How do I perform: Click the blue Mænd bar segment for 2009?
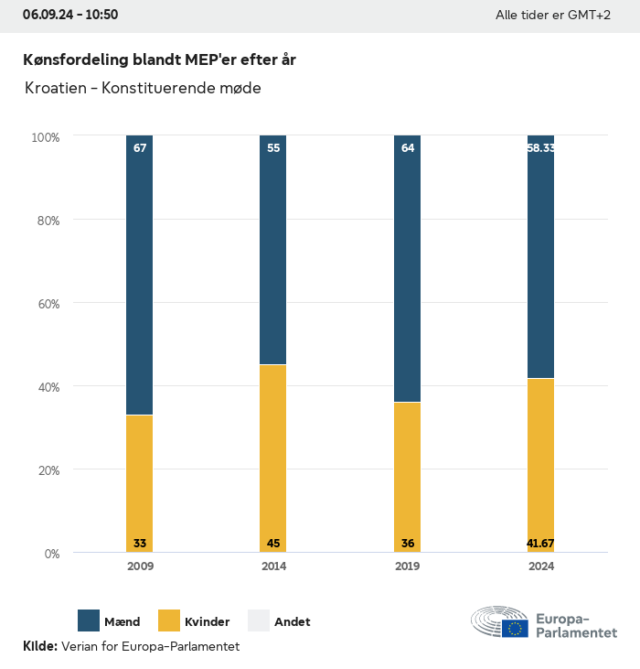(140, 275)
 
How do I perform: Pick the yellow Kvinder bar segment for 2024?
(540, 458)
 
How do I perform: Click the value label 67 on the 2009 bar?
(140, 148)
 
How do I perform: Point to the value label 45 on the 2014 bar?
(273, 544)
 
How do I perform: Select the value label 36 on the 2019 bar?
(408, 544)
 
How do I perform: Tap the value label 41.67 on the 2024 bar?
(540, 544)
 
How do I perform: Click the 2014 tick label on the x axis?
(273, 566)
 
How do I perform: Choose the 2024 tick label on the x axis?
(540, 566)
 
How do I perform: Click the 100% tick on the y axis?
(45, 137)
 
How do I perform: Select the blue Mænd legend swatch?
(89, 620)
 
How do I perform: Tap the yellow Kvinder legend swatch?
(169, 620)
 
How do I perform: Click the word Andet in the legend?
(292, 621)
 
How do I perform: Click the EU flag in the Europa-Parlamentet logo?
(515, 628)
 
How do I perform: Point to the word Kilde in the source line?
(39, 646)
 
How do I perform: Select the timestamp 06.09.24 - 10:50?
(70, 15)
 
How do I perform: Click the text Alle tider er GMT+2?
(552, 16)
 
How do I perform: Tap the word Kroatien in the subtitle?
(59, 89)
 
